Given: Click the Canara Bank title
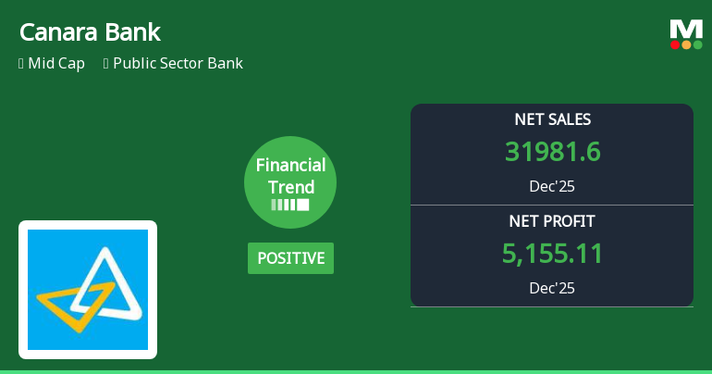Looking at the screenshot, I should tap(90, 32).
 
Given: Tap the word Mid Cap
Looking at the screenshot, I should tap(57, 64).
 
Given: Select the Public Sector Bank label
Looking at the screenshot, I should tap(178, 64).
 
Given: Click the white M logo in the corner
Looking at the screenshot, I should tap(686, 29).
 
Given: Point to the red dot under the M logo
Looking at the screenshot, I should tap(675, 44).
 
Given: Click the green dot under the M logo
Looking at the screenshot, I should tap(698, 44).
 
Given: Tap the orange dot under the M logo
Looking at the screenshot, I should tap(686, 44).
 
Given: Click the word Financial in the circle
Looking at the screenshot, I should tap(290, 166).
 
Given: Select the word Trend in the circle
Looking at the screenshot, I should tap(290, 186).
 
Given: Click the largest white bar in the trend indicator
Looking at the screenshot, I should tap(302, 205).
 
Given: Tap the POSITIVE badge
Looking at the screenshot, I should tap(290, 258).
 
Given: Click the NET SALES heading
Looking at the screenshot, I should tap(552, 119).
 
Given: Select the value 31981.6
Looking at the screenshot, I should tap(552, 152).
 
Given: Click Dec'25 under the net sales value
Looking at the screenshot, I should tap(552, 186).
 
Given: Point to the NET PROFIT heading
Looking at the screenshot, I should tap(552, 221).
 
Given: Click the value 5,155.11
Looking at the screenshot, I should tap(552, 254).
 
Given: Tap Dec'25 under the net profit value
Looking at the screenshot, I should tap(552, 288).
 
